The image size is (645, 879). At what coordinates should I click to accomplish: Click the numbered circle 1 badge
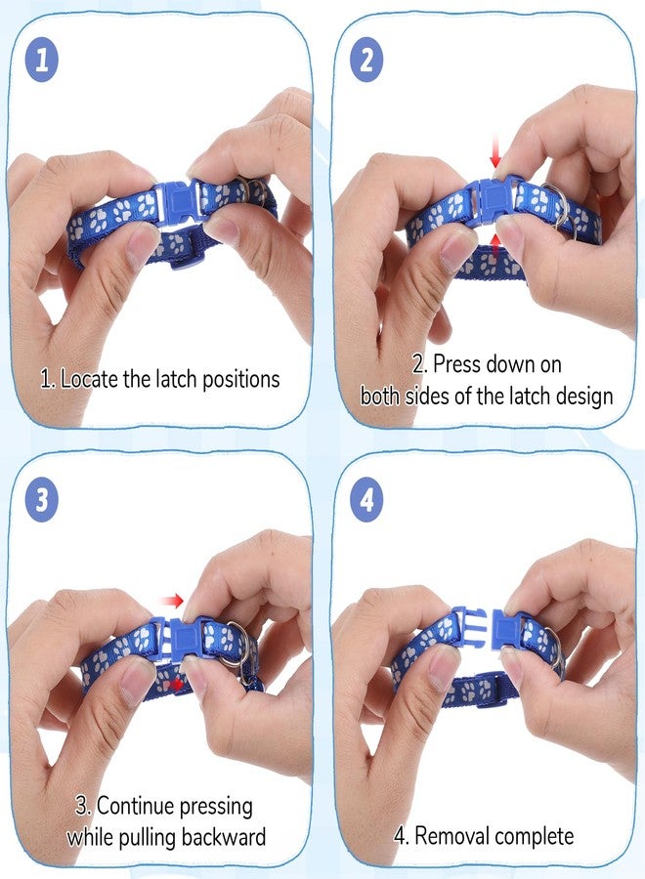point(42,60)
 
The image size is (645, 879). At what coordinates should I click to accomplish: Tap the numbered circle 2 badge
point(366,60)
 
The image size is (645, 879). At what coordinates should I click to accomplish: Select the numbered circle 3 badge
point(42,500)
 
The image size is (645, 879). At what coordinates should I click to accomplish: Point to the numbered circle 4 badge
point(366,500)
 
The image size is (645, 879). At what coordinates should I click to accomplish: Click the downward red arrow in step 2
point(494,150)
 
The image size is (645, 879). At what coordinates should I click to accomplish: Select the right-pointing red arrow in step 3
point(171,601)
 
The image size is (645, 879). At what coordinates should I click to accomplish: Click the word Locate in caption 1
point(89,380)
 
